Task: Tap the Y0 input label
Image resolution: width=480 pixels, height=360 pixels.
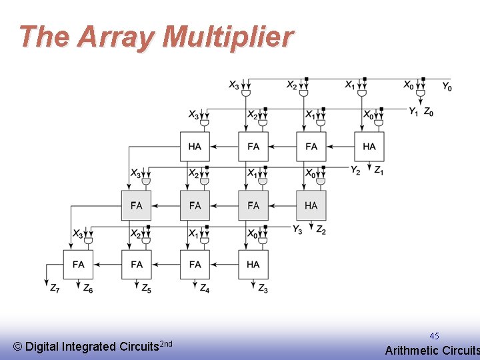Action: point(447,87)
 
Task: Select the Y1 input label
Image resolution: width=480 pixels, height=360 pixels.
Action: point(414,112)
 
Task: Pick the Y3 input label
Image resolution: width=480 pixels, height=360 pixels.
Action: point(298,229)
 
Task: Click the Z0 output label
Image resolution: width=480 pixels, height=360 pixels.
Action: point(429,112)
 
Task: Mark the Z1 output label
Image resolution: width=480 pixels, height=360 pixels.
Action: point(378,171)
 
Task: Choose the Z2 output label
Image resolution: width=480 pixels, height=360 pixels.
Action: point(320,229)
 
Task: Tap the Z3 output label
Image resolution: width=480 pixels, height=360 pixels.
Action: point(263,289)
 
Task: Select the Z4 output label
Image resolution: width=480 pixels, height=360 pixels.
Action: point(205,289)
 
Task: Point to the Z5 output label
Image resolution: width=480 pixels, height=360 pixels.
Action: point(146,289)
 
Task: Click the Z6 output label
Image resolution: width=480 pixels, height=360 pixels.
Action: point(88,289)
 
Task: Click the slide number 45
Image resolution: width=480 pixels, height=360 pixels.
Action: point(434,336)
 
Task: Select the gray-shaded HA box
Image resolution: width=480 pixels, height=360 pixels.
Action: point(311,205)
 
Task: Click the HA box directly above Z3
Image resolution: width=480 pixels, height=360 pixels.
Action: point(253,265)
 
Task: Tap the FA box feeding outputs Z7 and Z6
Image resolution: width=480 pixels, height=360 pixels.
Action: point(78,265)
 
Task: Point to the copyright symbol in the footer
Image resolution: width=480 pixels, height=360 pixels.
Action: point(17,347)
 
